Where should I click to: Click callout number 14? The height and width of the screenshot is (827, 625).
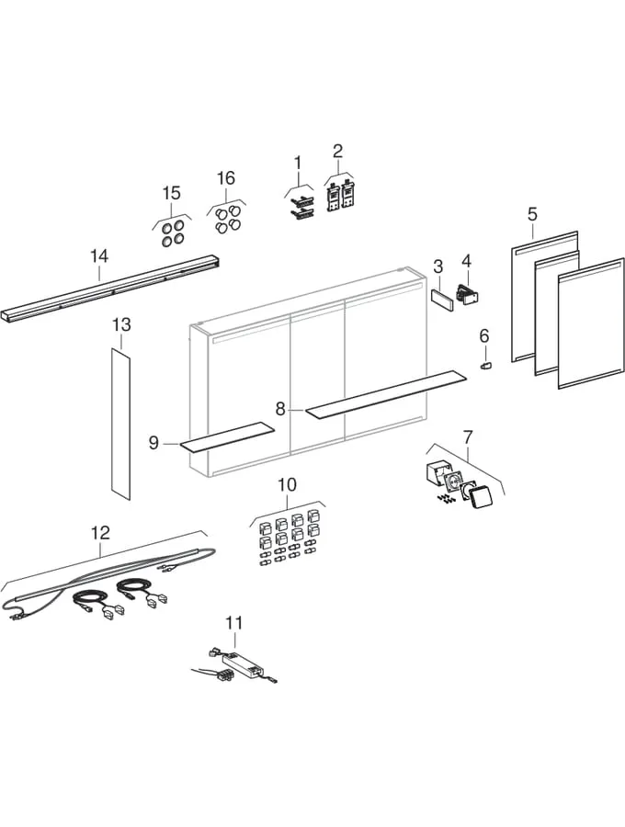pyautogui.click(x=99, y=255)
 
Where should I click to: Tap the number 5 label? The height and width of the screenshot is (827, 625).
pyautogui.click(x=532, y=213)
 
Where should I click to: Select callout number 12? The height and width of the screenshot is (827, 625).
pyautogui.click(x=100, y=532)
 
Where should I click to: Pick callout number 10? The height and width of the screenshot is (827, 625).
pyautogui.click(x=287, y=484)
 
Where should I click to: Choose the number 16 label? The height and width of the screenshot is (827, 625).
pyautogui.click(x=226, y=177)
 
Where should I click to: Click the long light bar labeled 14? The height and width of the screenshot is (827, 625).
pyautogui.click(x=110, y=290)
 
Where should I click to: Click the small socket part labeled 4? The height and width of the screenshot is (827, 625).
pyautogui.click(x=470, y=295)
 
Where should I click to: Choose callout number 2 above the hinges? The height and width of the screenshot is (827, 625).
pyautogui.click(x=338, y=151)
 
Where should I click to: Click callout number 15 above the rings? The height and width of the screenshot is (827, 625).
pyautogui.click(x=172, y=193)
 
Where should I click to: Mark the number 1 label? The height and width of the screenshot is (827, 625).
pyautogui.click(x=298, y=163)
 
